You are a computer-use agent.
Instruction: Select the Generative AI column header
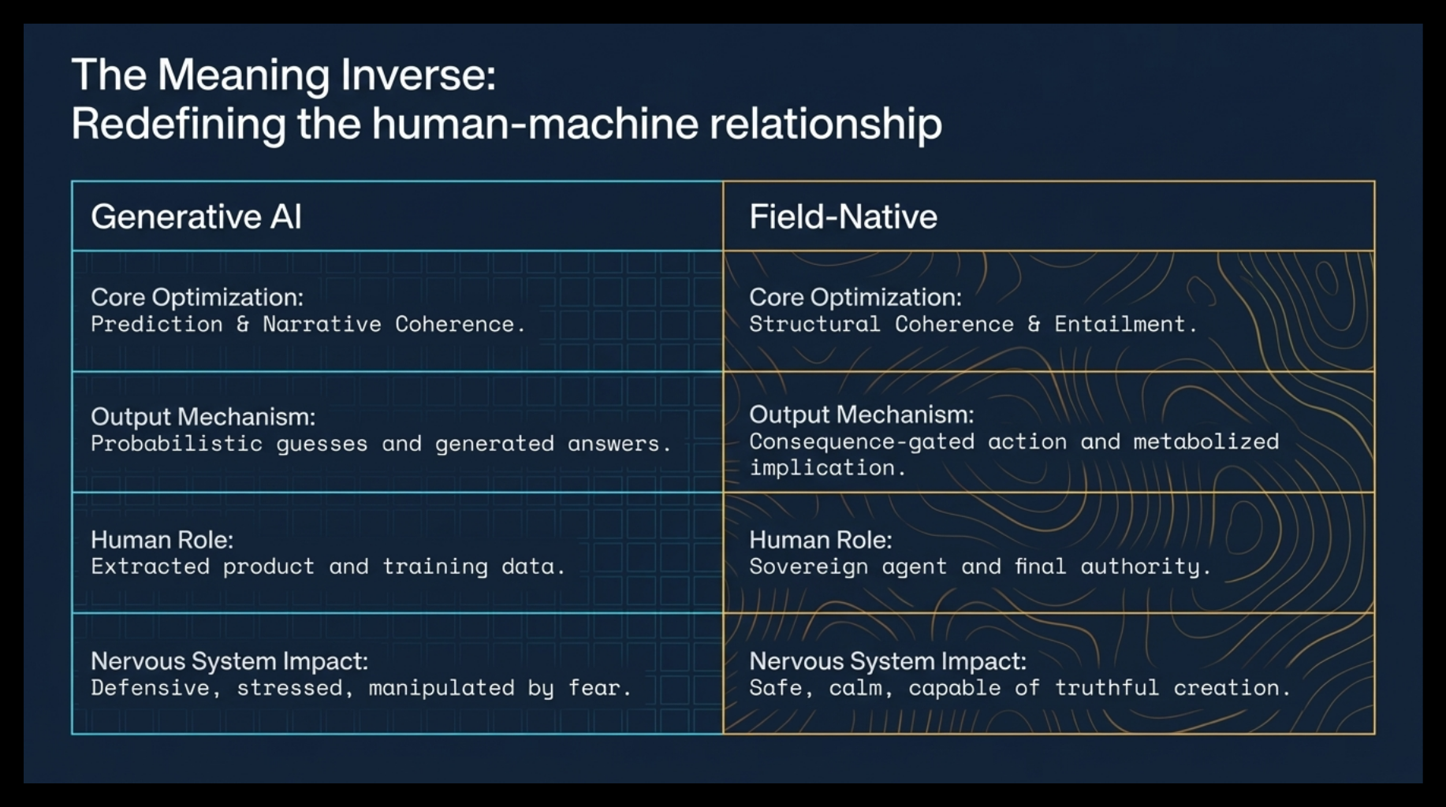196,217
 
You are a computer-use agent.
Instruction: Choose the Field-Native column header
843,217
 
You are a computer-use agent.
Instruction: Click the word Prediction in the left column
157,324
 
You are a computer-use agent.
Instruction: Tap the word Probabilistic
177,444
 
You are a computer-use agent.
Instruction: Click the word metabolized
1206,441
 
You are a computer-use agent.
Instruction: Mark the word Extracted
150,567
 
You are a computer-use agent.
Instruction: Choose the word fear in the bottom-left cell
600,688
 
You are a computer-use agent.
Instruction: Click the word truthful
1107,688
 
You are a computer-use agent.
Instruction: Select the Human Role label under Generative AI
162,540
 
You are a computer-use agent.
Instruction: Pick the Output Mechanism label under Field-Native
861,415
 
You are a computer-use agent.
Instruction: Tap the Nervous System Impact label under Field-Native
888,661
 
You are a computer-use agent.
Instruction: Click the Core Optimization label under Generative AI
197,297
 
